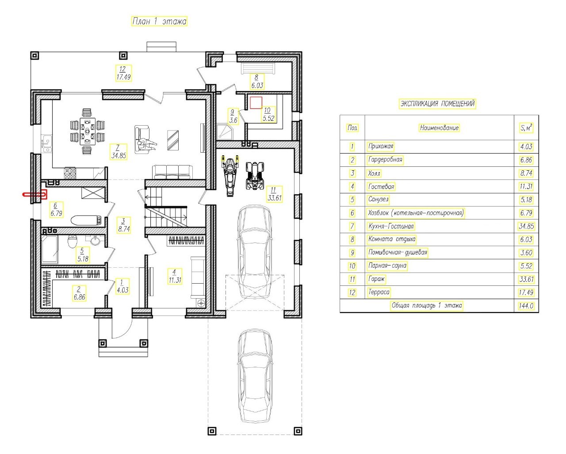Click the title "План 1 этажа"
159,21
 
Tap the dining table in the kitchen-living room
87,131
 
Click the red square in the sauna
256,103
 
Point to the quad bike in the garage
255,176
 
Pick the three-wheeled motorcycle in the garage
230,175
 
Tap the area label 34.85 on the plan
119,155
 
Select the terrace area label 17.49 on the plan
123,77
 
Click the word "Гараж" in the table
376,279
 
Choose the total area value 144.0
526,306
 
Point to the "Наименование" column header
439,127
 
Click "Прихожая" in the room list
380,146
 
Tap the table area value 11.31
526,186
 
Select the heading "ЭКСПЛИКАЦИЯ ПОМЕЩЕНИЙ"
437,104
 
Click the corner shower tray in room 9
224,131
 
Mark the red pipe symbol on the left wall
35,195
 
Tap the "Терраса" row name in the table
379,292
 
